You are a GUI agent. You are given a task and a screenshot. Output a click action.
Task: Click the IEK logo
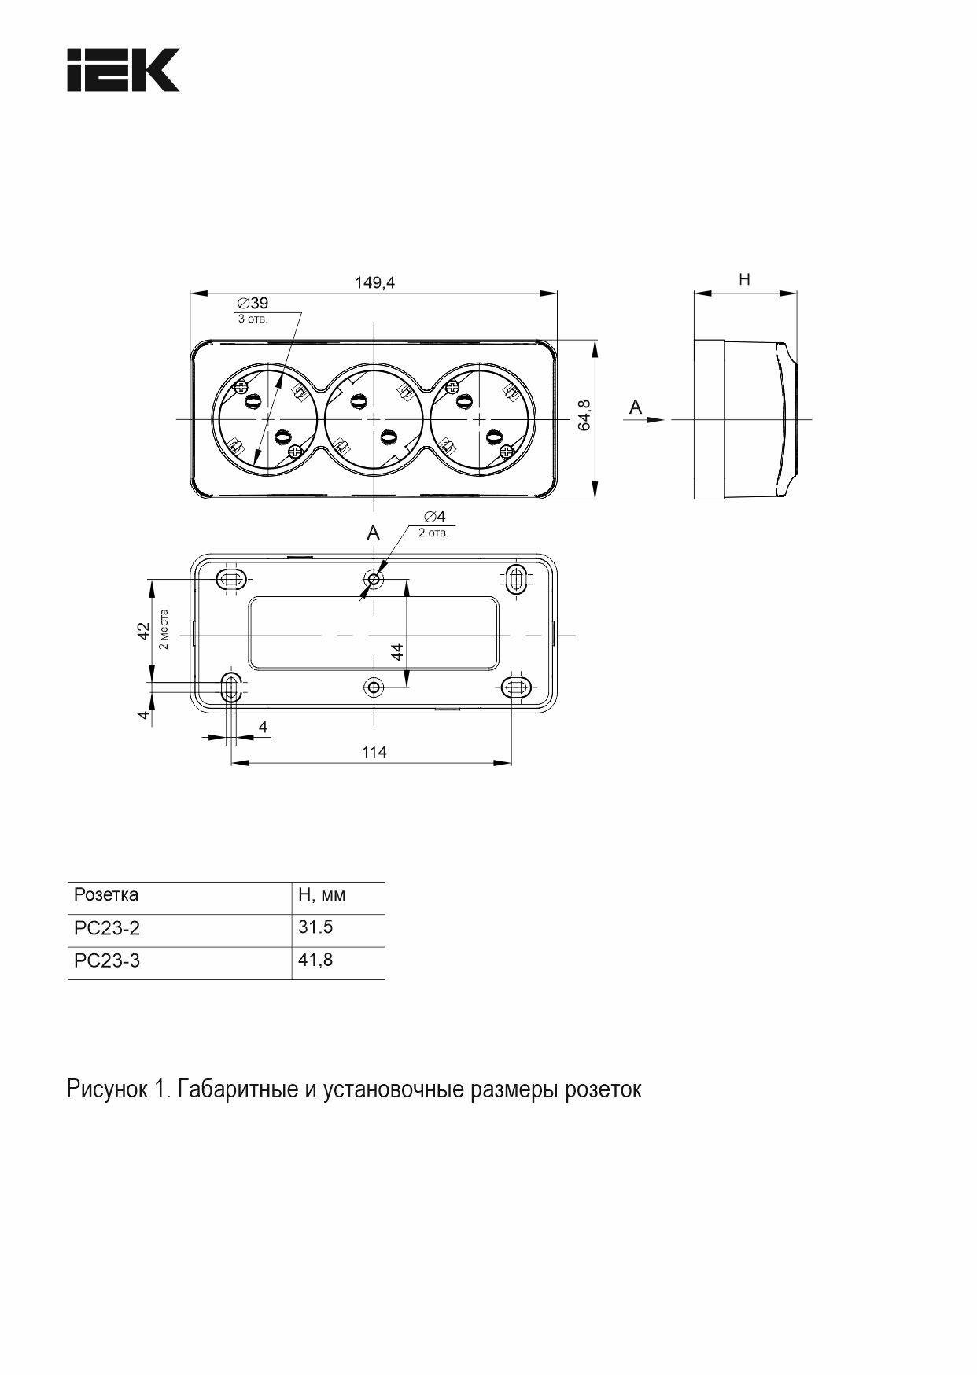pyautogui.click(x=122, y=70)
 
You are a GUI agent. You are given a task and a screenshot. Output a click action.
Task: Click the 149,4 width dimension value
pyautogui.click(x=374, y=282)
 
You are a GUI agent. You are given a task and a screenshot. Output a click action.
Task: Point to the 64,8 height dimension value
pyautogui.click(x=584, y=415)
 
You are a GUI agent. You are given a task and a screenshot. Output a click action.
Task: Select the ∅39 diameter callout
pyautogui.click(x=253, y=303)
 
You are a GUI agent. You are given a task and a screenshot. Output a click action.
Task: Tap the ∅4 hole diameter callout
pyautogui.click(x=434, y=517)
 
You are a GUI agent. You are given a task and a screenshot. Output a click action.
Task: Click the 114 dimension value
pyautogui.click(x=374, y=753)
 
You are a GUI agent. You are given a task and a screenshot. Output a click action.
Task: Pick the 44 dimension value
pyautogui.click(x=397, y=651)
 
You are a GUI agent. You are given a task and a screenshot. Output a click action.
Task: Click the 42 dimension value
pyautogui.click(x=144, y=631)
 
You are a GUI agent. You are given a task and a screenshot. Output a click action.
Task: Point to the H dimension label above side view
pyautogui.click(x=744, y=279)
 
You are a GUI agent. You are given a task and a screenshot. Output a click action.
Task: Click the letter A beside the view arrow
pyautogui.click(x=636, y=407)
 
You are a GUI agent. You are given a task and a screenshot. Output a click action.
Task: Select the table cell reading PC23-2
pyautogui.click(x=107, y=928)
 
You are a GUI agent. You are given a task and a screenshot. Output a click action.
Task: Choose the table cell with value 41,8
pyautogui.click(x=315, y=960)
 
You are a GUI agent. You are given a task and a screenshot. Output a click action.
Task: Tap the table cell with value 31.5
pyautogui.click(x=315, y=927)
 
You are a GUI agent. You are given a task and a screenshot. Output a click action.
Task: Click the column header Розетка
pyautogui.click(x=106, y=894)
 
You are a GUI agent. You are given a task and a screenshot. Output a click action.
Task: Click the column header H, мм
pyautogui.click(x=322, y=894)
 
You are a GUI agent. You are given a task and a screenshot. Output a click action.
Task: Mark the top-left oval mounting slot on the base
pyautogui.click(x=232, y=580)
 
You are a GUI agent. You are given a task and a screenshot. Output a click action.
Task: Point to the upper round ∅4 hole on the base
pyautogui.click(x=374, y=581)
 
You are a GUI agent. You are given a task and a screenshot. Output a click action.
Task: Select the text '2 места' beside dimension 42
pyautogui.click(x=164, y=629)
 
